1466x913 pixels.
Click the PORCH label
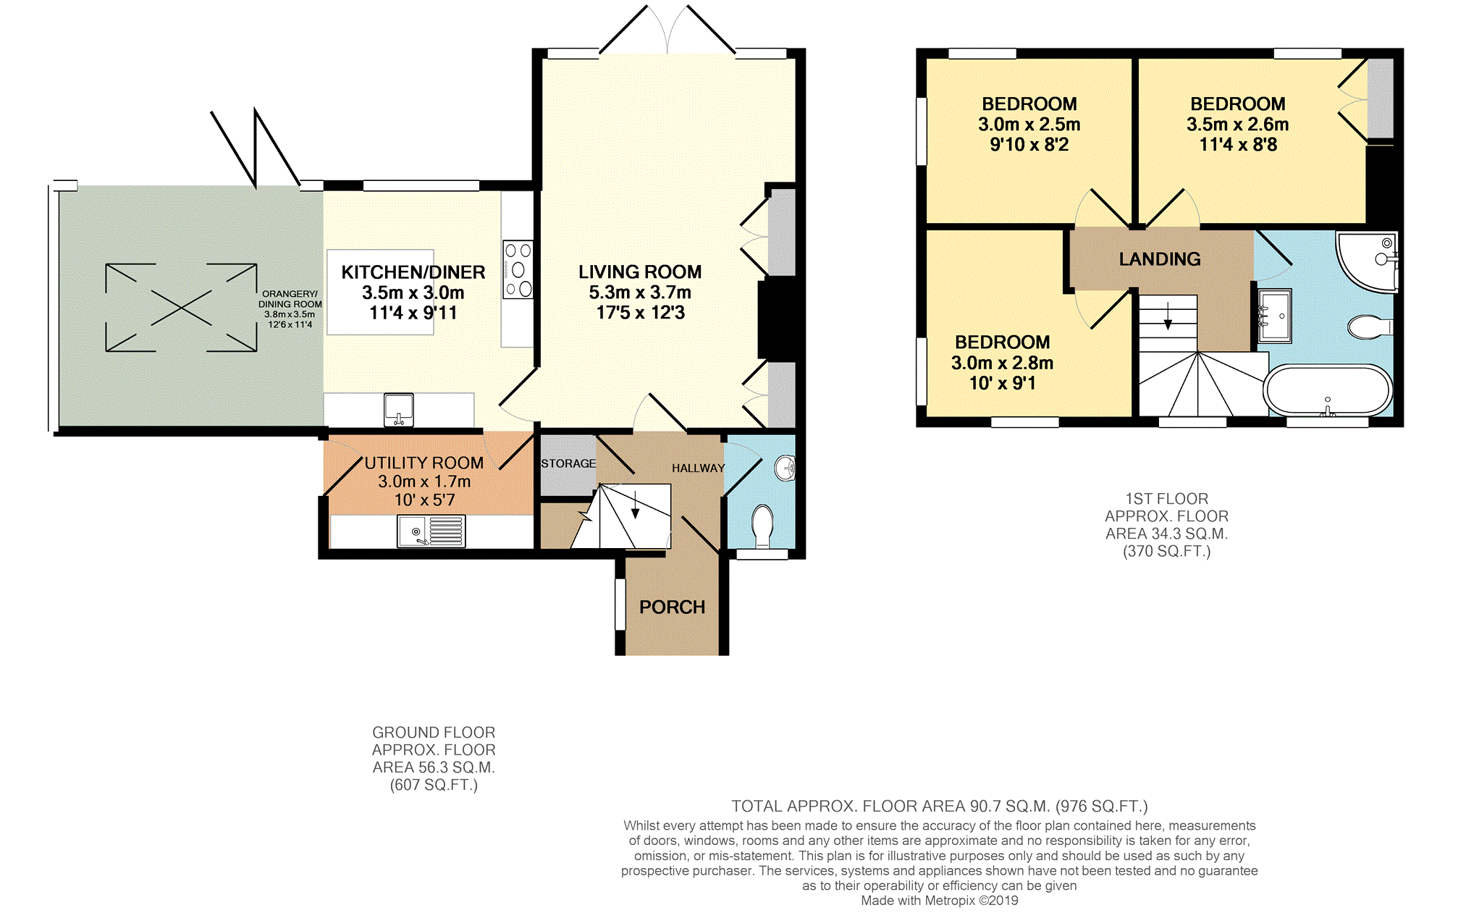672,607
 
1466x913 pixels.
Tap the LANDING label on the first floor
1160,259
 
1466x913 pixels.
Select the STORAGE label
568,463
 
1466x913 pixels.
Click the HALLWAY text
698,468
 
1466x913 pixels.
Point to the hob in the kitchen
518,269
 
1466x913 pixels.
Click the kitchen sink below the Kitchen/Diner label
399,410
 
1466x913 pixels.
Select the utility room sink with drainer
431,531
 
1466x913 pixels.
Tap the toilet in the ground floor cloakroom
763,526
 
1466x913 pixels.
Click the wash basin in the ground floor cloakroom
785,468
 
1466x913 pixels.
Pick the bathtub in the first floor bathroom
1328,390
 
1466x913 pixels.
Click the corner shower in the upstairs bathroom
1367,261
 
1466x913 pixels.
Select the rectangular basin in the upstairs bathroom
1274,316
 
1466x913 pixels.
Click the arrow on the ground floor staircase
635,505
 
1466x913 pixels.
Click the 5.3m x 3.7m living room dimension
640,293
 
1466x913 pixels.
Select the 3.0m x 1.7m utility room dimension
424,481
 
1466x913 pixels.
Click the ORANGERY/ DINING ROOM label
290,299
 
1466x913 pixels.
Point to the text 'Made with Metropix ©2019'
940,901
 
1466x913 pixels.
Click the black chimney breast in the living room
776,319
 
